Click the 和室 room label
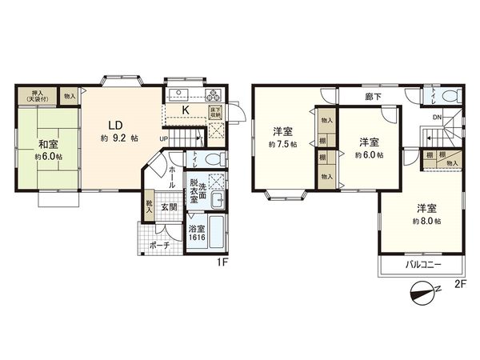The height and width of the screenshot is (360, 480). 48,145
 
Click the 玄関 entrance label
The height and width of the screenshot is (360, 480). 170,208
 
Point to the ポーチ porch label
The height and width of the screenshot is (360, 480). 160,246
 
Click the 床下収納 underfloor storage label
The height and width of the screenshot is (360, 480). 215,112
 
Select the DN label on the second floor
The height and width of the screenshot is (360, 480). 437,118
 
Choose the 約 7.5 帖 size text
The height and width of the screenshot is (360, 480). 283,144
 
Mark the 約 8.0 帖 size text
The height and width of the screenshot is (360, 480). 427,220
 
